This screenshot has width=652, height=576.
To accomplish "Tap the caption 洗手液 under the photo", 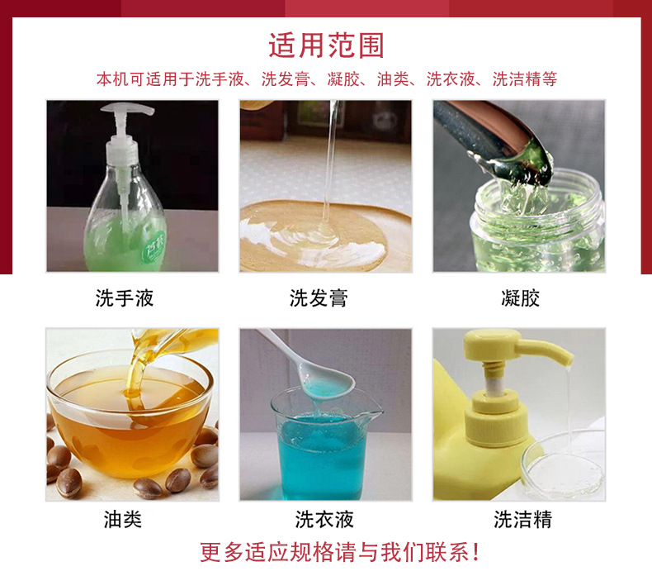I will [125, 298].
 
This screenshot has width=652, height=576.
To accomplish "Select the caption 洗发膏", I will [319, 298].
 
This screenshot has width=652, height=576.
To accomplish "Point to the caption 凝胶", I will [520, 298].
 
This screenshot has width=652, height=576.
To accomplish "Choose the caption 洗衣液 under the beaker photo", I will [324, 519].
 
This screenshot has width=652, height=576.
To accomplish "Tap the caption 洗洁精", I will [522, 519].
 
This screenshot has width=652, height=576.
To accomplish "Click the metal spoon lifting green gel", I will [487, 132].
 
